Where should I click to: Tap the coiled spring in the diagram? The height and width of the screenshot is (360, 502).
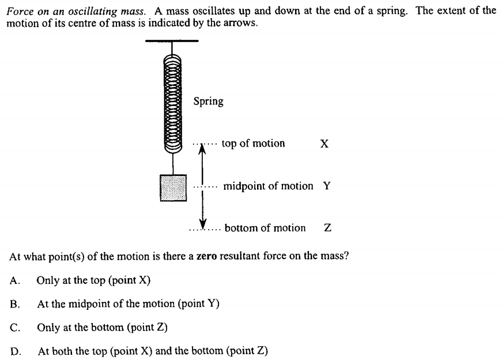tap(173, 103)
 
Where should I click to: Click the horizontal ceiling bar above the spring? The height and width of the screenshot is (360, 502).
tap(172, 41)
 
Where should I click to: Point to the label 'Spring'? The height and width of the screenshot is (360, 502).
tap(208, 102)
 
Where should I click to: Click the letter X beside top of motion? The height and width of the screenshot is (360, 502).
tap(324, 144)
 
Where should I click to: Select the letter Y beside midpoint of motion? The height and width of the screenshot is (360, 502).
tap(327, 186)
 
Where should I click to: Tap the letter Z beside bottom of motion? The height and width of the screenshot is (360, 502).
tap(327, 228)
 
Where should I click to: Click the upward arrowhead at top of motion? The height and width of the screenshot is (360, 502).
tap(202, 149)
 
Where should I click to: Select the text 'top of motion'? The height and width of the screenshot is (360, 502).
tap(253, 144)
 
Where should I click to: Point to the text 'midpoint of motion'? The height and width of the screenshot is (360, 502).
tap(268, 186)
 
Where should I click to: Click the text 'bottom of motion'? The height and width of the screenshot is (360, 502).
tap(265, 228)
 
